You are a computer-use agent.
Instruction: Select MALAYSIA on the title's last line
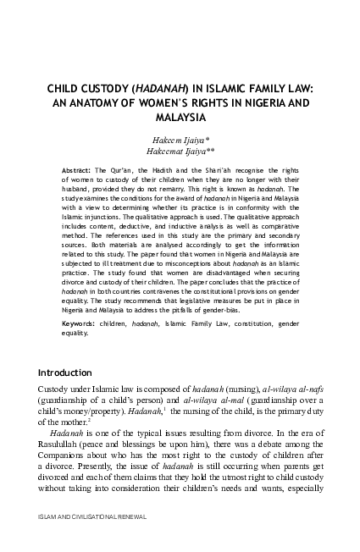(x=180, y=116)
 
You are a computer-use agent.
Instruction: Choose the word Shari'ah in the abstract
(x=234, y=168)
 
